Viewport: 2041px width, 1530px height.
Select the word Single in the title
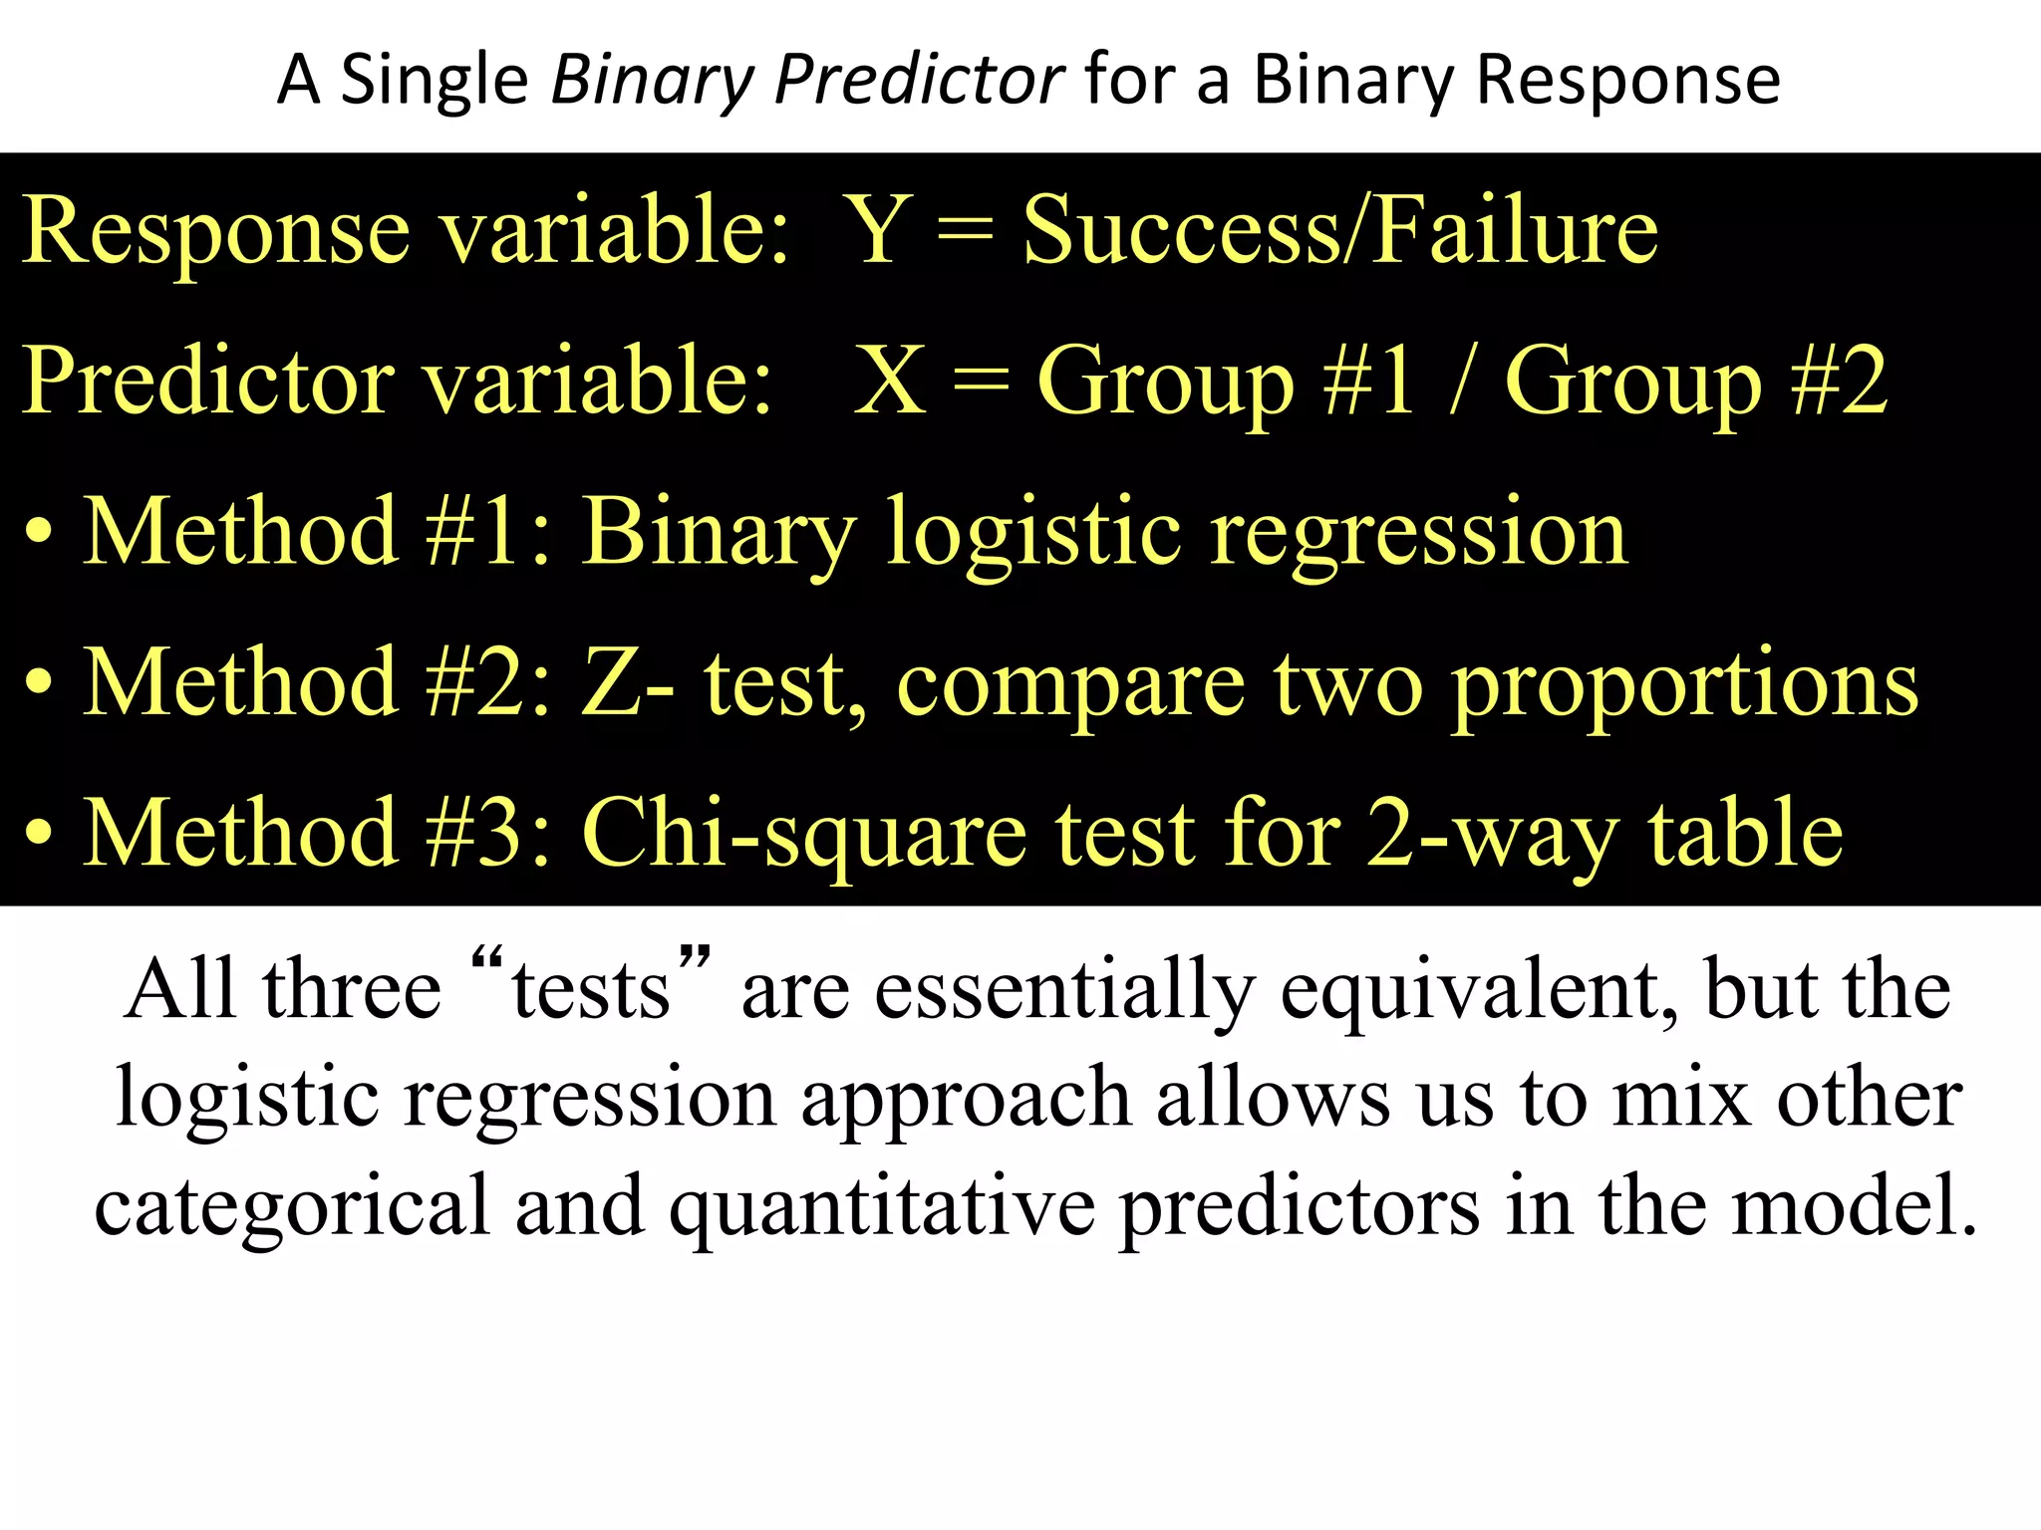pos(434,80)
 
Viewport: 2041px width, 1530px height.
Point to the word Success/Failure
pos(1340,230)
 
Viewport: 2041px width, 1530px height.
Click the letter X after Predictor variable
pos(890,381)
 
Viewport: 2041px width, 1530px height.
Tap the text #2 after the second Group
pos(1838,381)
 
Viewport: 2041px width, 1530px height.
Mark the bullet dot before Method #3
pos(39,834)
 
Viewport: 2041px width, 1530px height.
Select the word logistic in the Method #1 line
pos(1033,533)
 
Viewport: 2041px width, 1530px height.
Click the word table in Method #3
pos(1744,834)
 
